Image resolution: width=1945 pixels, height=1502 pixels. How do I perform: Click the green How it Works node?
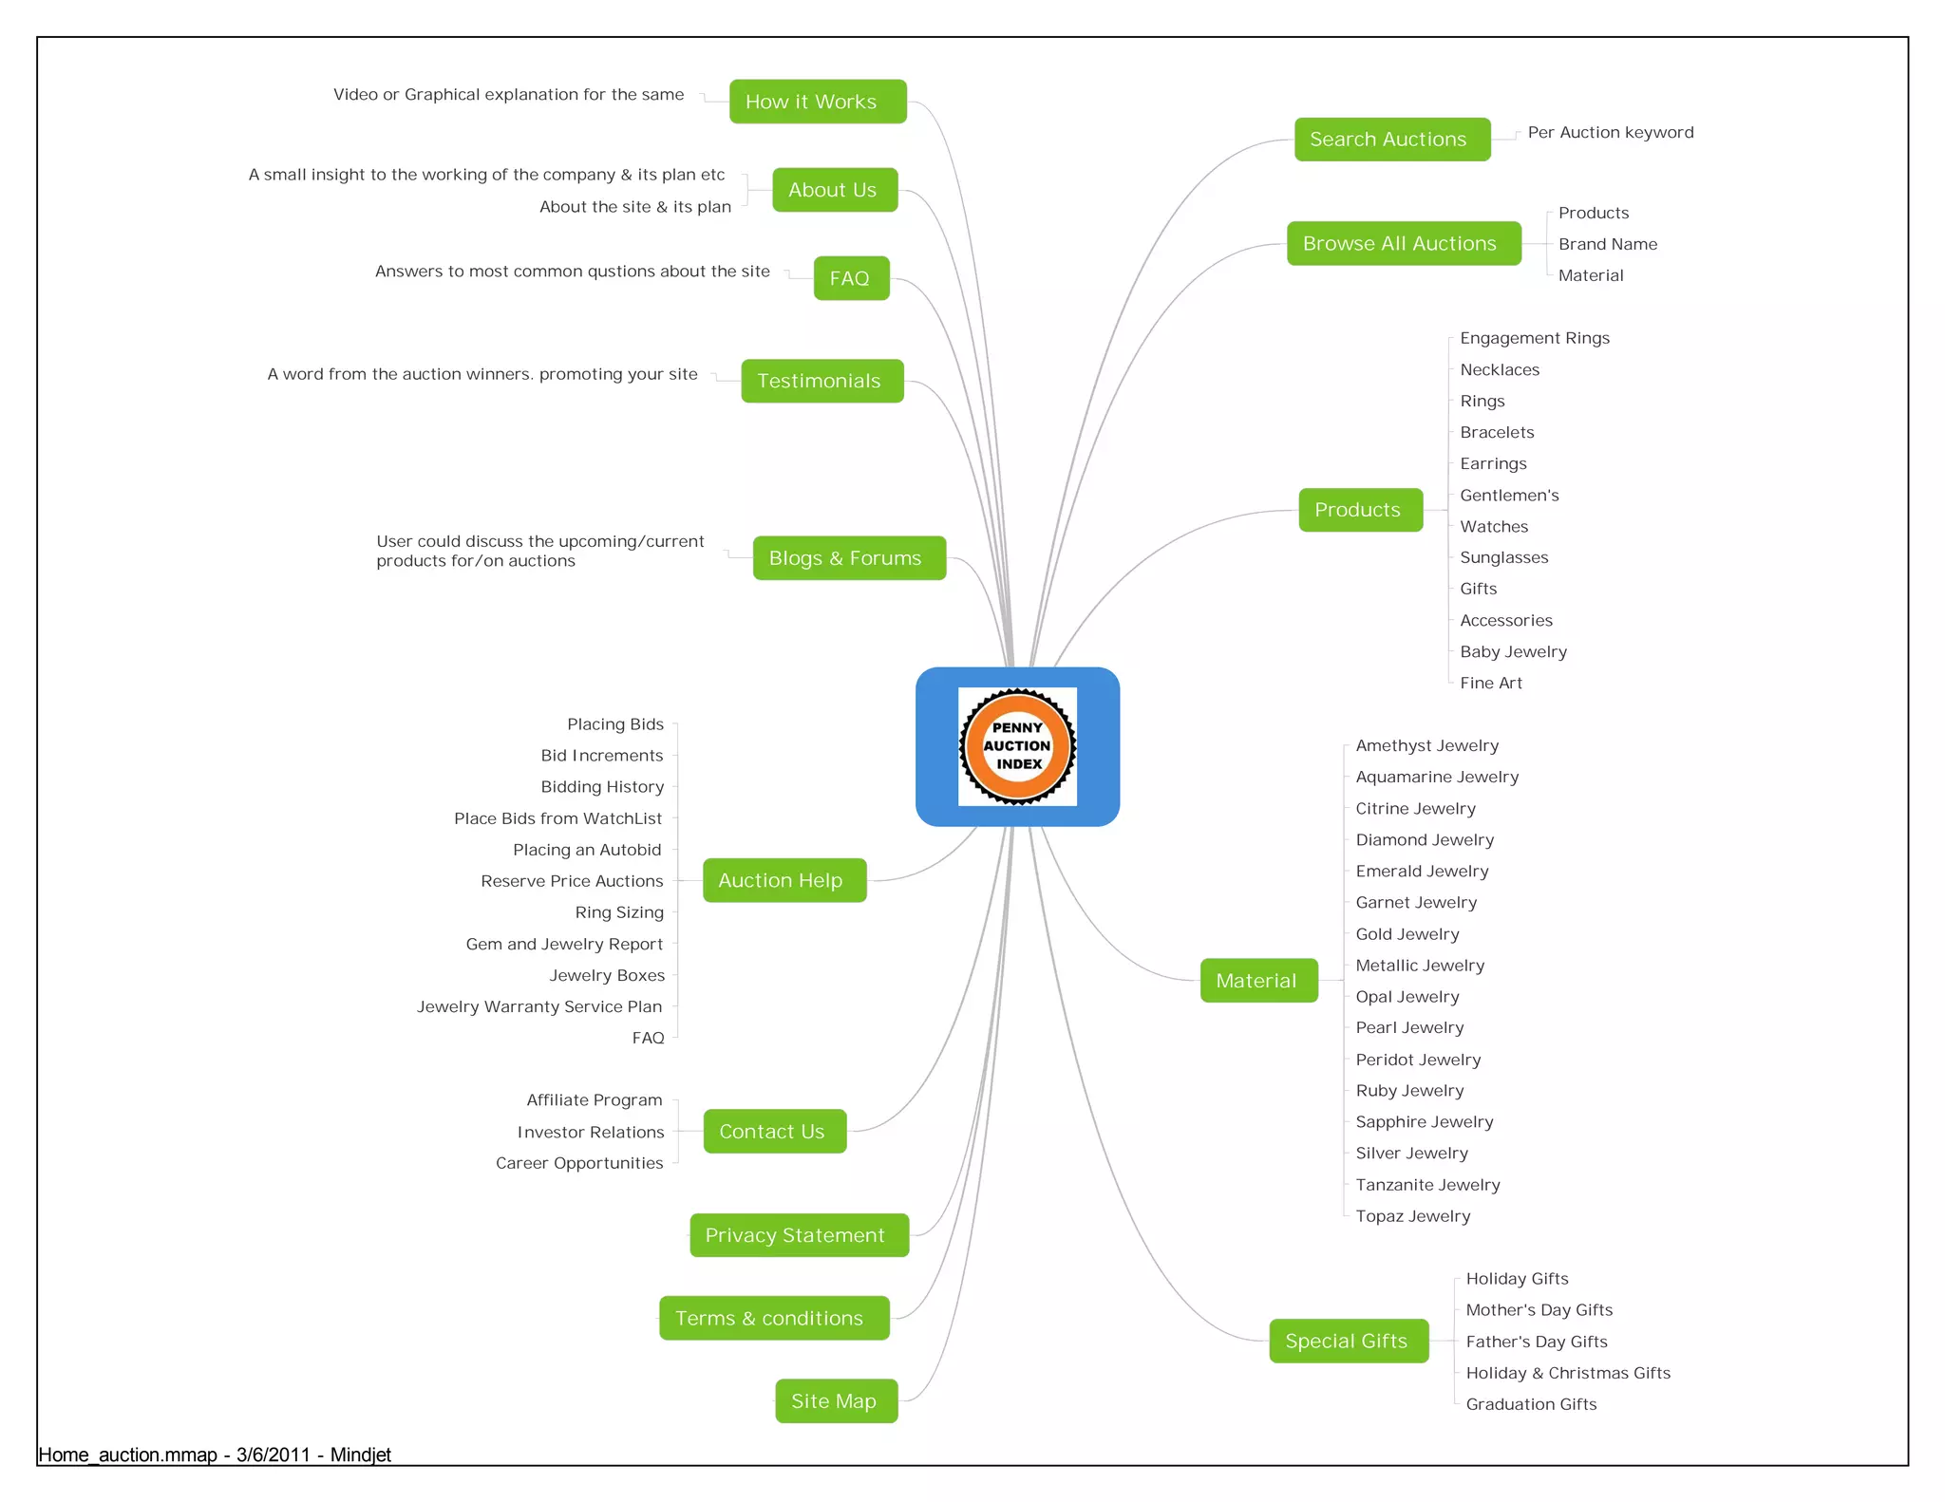818,102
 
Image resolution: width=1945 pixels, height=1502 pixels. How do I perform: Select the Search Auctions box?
1391,140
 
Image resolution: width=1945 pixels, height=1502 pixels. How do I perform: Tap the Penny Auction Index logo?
1017,747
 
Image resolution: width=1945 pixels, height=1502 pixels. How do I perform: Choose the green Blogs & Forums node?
849,558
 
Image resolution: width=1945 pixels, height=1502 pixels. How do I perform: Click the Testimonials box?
821,381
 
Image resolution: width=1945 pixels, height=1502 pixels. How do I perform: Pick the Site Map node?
836,1400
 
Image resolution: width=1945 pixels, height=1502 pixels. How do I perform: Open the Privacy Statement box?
799,1235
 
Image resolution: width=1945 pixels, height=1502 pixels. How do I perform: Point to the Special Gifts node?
1348,1341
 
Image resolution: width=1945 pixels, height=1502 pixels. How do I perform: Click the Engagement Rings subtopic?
1535,338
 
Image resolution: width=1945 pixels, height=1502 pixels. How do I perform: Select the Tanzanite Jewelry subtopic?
1427,1185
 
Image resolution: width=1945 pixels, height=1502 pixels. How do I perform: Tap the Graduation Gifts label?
1531,1404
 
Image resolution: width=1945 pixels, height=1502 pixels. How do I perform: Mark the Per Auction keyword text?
1610,133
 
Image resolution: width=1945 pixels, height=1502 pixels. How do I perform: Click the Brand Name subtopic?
1607,244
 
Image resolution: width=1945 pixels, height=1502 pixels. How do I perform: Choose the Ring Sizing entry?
619,912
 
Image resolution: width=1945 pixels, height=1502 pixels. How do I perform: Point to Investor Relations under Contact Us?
591,1132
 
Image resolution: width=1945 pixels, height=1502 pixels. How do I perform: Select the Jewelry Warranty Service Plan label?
539,1006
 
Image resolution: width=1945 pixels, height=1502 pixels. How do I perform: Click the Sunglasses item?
1503,557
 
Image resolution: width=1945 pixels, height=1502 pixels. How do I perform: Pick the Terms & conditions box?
774,1318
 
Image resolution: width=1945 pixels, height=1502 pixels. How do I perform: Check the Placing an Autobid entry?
587,850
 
